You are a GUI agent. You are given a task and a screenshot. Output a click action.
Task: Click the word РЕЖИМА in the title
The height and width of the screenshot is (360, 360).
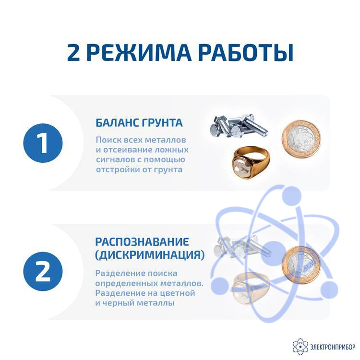click(139, 53)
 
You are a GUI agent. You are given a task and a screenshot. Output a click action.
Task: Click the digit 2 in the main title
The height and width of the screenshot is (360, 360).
click(73, 53)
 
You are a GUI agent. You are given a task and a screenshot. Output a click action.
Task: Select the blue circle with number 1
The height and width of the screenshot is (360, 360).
click(43, 143)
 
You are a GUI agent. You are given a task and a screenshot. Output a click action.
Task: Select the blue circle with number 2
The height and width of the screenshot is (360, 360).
click(43, 271)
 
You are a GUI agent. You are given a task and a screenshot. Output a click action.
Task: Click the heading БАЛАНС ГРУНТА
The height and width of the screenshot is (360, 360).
click(139, 123)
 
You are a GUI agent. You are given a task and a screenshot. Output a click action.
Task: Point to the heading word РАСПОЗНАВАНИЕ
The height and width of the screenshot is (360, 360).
click(142, 242)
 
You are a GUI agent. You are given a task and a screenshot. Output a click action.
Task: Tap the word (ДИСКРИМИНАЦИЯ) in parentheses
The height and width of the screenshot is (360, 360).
click(150, 255)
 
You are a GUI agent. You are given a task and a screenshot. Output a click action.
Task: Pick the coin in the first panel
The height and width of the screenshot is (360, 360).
click(301, 139)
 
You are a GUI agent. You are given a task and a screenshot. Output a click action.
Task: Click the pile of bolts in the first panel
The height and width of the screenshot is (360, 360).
click(239, 126)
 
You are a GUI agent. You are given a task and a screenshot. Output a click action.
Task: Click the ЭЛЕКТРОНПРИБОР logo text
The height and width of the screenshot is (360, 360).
click(333, 347)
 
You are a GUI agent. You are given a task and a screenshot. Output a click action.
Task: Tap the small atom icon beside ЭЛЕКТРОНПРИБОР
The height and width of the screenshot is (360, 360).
click(300, 347)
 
